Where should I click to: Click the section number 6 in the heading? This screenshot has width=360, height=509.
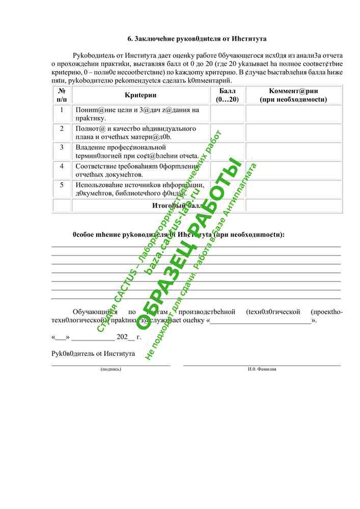pyautogui.click(x=129, y=39)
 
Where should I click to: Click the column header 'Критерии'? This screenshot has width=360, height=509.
pyautogui.click(x=141, y=95)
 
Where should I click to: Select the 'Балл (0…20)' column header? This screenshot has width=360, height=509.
pyautogui.click(x=227, y=95)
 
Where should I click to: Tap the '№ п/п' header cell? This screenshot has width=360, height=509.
pyautogui.click(x=62, y=95)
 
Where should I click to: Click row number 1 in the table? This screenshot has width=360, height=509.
pyautogui.click(x=62, y=110)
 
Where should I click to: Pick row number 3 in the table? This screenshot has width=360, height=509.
pyautogui.click(x=62, y=147)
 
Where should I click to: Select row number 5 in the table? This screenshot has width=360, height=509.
pyautogui.click(x=62, y=185)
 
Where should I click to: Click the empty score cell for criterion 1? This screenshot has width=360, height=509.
pyautogui.click(x=227, y=114)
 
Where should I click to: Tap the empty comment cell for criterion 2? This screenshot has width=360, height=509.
pyautogui.click(x=294, y=132)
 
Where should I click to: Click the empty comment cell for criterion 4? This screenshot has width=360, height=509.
pyautogui.click(x=294, y=170)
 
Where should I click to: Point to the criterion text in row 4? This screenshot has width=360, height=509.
pyautogui.click(x=136, y=170)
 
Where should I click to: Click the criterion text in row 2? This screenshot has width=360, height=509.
pyautogui.click(x=136, y=132)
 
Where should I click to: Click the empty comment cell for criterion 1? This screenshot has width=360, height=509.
pyautogui.click(x=294, y=114)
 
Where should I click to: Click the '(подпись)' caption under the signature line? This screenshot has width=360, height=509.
pyautogui.click(x=111, y=369)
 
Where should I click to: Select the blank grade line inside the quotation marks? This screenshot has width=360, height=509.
pyautogui.click(x=260, y=321)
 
